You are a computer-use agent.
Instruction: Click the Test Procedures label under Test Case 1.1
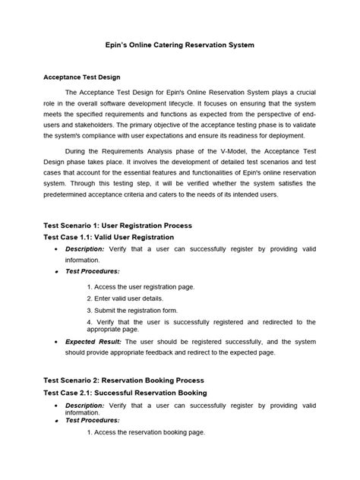point(93,270)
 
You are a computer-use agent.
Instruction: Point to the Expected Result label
point(91,342)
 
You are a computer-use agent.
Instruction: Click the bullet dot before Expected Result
point(56,343)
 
